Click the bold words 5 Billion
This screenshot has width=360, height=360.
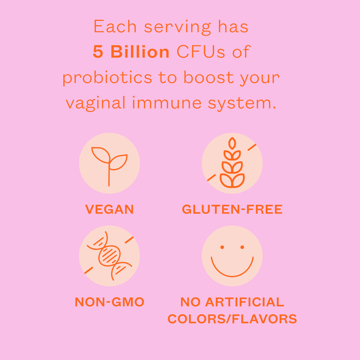tap(131, 53)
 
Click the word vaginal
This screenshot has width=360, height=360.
tap(96, 103)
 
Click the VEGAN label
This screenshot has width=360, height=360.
tap(109, 209)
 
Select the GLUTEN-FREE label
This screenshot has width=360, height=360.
tap(232, 209)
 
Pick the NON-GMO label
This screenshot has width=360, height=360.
tap(109, 302)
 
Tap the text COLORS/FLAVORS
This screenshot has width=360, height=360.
tap(232, 319)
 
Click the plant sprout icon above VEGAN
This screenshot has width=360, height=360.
tap(109, 163)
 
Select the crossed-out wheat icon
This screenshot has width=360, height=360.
tap(232, 163)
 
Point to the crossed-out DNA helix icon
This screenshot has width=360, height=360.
tap(109, 256)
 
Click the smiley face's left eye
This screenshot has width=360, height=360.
tap(222, 247)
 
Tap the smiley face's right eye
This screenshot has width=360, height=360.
tap(242, 247)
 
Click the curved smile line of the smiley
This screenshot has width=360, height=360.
tap(232, 275)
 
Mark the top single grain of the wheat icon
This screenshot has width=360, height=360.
tap(232, 144)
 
